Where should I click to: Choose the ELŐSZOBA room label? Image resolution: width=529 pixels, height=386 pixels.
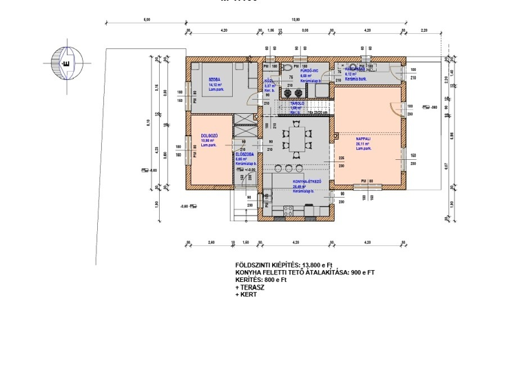245,154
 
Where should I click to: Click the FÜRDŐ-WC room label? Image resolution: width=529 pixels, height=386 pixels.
308,70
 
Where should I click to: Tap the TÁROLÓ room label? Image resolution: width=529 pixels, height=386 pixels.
296,103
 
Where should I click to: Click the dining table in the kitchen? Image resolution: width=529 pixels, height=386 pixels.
297,140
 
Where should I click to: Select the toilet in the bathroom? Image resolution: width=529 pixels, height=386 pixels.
285,70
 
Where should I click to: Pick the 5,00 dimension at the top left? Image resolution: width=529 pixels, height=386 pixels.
146,20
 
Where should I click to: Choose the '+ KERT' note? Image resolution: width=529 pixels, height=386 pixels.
247,294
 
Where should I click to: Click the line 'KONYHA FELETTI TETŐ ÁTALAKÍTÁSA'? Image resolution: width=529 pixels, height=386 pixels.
304,272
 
